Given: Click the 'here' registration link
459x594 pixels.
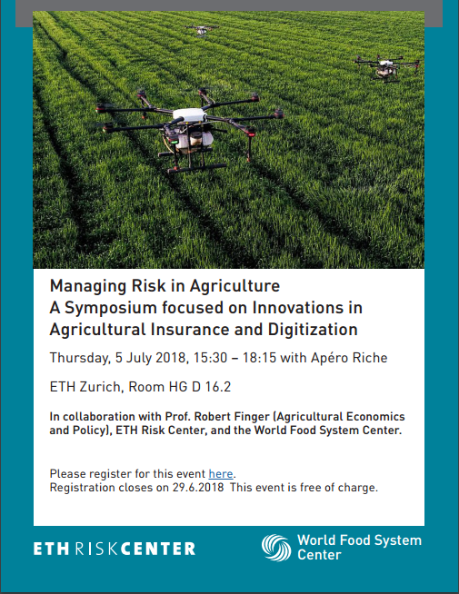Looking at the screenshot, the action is pyautogui.click(x=221, y=473).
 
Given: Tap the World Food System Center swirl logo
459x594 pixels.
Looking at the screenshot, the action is pyautogui.click(x=276, y=548).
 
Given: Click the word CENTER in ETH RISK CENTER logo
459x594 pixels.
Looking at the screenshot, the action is pyautogui.click(x=158, y=549).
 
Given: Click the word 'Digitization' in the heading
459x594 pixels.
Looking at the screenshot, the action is pyautogui.click(x=313, y=329).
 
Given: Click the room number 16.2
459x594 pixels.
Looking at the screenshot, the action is pyautogui.click(x=218, y=387).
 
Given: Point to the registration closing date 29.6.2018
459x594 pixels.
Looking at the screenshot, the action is pyautogui.click(x=198, y=487).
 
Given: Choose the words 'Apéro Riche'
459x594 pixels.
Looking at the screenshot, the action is pyautogui.click(x=349, y=358).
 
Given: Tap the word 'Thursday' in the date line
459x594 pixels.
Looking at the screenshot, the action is pyautogui.click(x=80, y=358).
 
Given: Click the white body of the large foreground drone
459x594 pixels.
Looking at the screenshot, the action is pyautogui.click(x=189, y=114).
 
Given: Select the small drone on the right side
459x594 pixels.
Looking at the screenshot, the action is pyautogui.click(x=386, y=68).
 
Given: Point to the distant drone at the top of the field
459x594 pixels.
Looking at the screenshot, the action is pyautogui.click(x=201, y=30).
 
